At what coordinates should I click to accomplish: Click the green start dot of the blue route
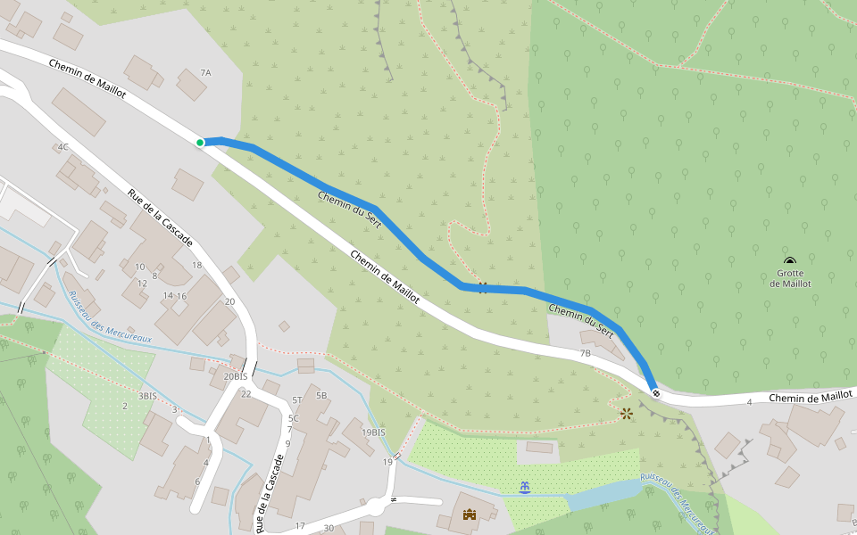pyautogui.click(x=200, y=143)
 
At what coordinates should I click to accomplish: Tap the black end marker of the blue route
pyautogui.click(x=656, y=393)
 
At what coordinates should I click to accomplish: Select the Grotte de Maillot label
pyautogui.click(x=791, y=278)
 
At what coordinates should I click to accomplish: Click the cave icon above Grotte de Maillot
pyautogui.click(x=791, y=261)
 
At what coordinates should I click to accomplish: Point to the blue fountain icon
pyautogui.click(x=524, y=487)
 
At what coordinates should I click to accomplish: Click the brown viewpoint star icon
pyautogui.click(x=627, y=413)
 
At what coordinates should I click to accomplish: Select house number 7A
pyautogui.click(x=205, y=72)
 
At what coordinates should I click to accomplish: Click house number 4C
pyautogui.click(x=62, y=146)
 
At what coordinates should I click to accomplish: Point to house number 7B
pyautogui.click(x=586, y=354)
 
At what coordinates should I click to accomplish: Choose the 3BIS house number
pyautogui.click(x=147, y=395)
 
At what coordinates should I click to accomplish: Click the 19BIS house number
pyautogui.click(x=373, y=432)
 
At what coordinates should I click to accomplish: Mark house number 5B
pyautogui.click(x=321, y=395)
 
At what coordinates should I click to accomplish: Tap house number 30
pyautogui.click(x=329, y=528)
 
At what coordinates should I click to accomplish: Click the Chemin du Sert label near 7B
pyautogui.click(x=581, y=317)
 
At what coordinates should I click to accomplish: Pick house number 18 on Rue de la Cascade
pyautogui.click(x=196, y=265)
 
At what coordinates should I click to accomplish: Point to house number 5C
pyautogui.click(x=293, y=417)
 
